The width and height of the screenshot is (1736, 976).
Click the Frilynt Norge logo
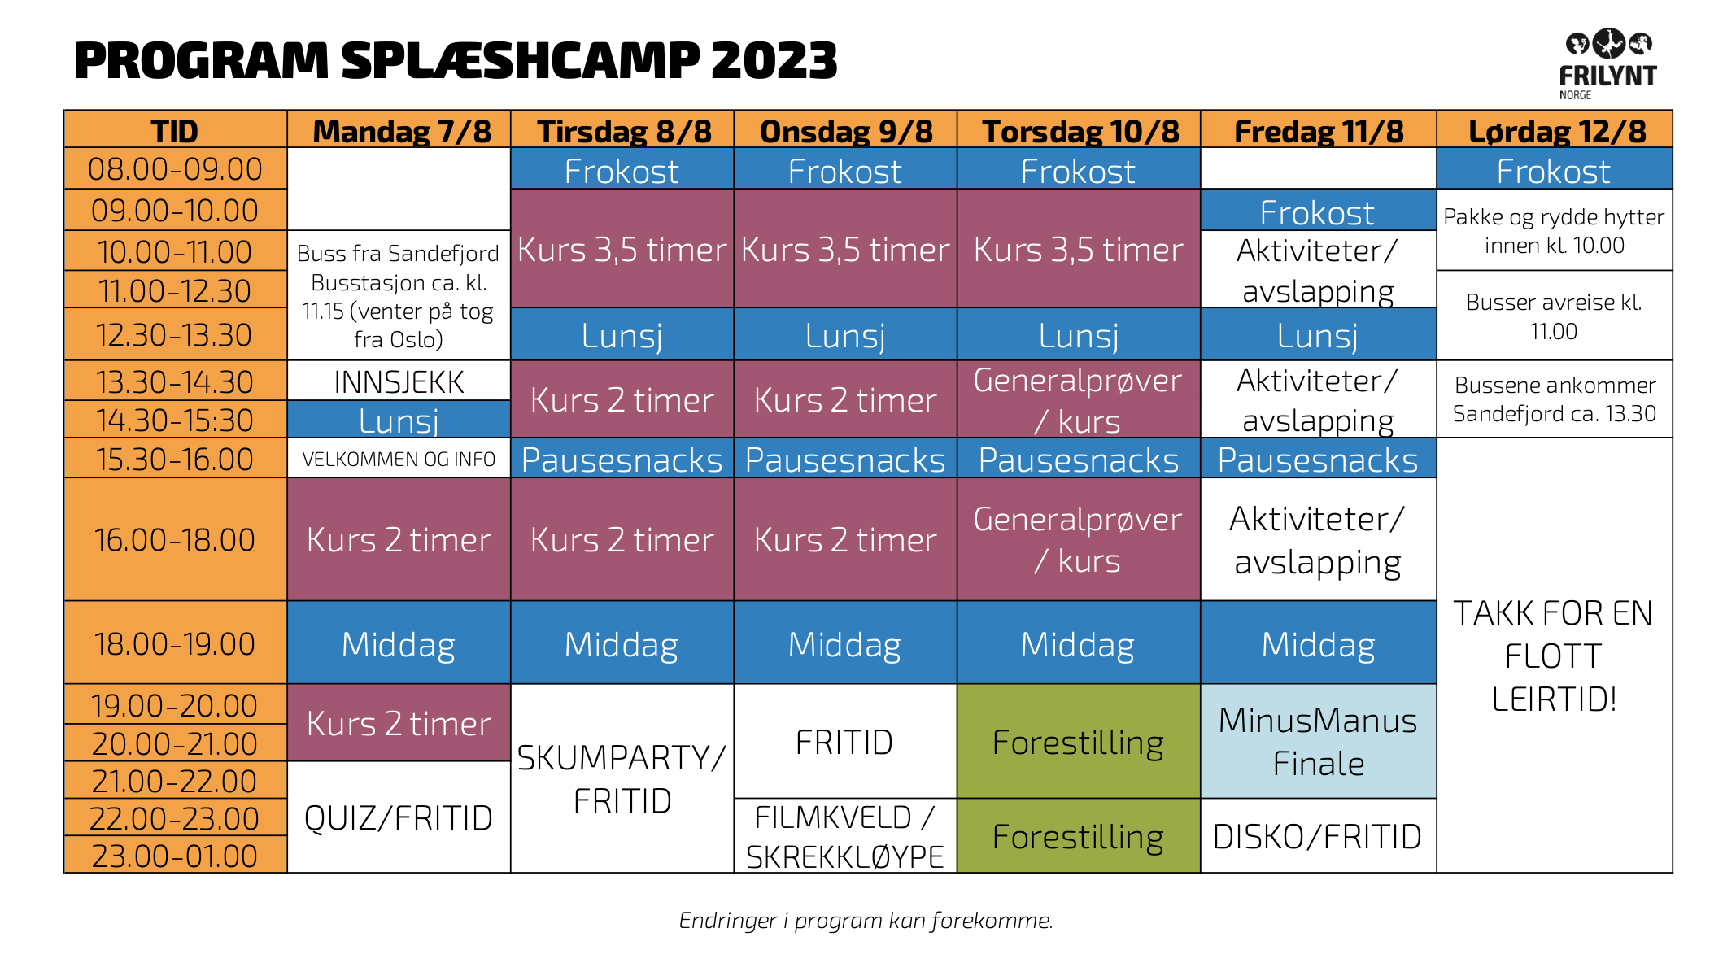[x=1607, y=64]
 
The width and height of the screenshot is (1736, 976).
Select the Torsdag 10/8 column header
[x=1079, y=130]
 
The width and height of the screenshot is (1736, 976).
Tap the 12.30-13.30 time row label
[x=175, y=334]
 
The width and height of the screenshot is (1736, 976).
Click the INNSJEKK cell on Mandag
[x=399, y=381]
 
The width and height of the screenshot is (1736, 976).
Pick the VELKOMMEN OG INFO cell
[x=399, y=459]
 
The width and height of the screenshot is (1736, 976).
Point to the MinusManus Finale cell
[x=1318, y=742]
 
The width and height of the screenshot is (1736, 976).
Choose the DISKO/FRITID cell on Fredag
[x=1318, y=836]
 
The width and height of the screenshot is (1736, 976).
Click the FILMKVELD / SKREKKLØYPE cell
[x=845, y=836]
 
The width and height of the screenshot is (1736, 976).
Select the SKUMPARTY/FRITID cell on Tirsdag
[x=622, y=778]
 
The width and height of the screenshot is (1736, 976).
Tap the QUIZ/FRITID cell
[x=399, y=817]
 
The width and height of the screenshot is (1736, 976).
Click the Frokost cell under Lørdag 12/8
[x=1554, y=169]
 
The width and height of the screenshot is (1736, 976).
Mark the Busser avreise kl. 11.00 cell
[x=1554, y=316]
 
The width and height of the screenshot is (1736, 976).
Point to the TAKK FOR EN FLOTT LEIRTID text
[x=1554, y=656]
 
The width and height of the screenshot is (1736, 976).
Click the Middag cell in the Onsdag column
[x=845, y=643]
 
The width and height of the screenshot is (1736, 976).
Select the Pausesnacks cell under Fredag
[x=1318, y=459]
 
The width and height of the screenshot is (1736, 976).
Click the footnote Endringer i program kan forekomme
[x=866, y=920]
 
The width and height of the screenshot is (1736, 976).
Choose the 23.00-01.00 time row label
[x=175, y=855]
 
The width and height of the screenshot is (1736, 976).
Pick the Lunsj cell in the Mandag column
[x=399, y=420]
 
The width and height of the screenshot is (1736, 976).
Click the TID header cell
[x=175, y=130]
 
